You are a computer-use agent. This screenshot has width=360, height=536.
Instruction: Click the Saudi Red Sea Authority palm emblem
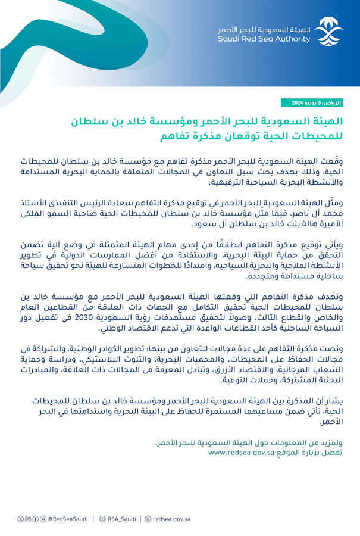329,32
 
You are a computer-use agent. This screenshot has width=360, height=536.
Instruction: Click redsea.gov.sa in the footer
172,519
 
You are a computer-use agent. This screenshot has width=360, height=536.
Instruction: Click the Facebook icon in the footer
33,519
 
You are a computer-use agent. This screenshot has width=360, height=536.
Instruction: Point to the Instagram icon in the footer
26,519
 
